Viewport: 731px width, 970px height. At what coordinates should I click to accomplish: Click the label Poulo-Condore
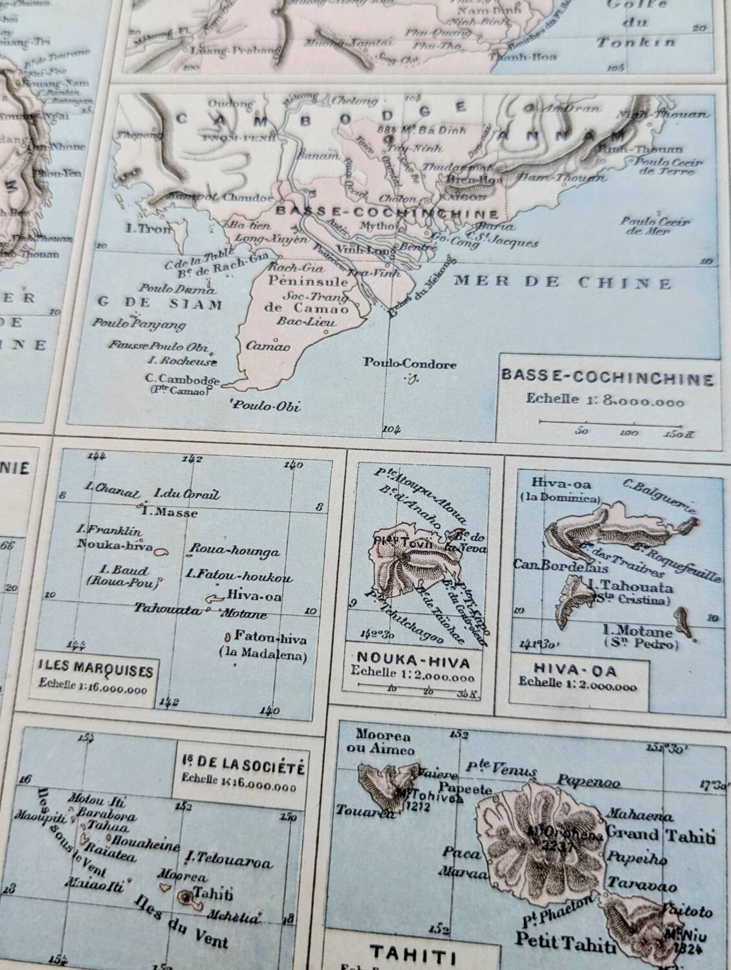coord(409,364)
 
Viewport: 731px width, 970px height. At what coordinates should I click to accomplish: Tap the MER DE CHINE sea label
coord(562,282)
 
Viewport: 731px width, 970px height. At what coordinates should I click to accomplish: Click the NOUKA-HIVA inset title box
coord(409,662)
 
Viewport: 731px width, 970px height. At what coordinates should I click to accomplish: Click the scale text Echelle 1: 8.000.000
coord(606,400)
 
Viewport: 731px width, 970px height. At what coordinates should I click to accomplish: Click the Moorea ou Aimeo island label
coord(383,742)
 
